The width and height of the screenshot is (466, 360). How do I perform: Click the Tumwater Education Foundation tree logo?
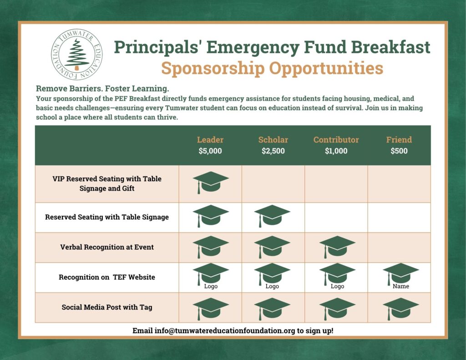coord(76,55)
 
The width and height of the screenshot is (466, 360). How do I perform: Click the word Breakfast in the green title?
coord(390,47)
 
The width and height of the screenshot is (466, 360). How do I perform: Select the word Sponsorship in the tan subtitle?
coord(213,68)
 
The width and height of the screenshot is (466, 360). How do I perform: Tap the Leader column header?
coord(210,140)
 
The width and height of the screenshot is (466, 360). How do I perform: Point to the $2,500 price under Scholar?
coord(273,151)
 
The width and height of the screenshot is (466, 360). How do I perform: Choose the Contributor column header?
coord(336,140)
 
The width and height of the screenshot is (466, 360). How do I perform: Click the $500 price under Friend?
coord(399,151)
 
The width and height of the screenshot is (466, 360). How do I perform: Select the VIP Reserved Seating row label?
coord(107,183)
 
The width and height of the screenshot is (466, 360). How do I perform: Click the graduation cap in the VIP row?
coord(211,183)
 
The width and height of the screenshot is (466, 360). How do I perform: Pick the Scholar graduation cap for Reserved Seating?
coord(272,216)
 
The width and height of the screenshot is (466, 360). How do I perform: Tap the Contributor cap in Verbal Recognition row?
coord(337,247)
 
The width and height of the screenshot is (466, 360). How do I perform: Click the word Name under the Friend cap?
coord(401,286)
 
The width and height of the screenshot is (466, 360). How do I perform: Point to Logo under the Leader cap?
coord(211,286)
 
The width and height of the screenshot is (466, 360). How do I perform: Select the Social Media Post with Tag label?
coord(107,307)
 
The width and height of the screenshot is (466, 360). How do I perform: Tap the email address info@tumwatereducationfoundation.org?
coord(225,330)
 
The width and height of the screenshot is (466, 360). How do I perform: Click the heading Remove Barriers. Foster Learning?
coord(102,89)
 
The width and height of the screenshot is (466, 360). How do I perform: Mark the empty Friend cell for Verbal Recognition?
coord(399,247)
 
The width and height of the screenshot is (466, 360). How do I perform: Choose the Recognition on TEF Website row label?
coord(107,277)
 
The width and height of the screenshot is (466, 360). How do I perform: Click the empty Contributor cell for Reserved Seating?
coord(336,217)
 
